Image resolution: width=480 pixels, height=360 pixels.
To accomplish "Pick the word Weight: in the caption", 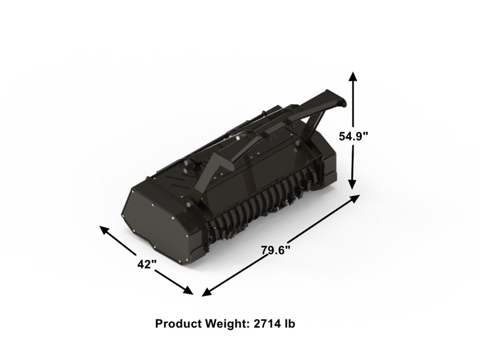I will tap(224, 324).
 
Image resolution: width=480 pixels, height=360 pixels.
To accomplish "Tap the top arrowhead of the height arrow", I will tap(353, 75).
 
